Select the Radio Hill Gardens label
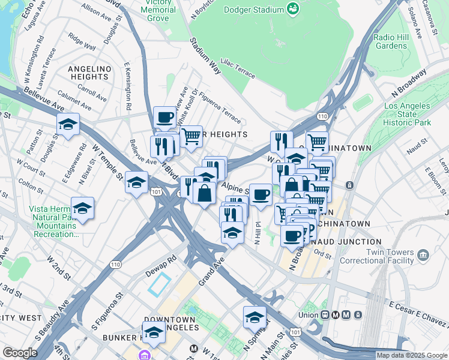coord(391,41)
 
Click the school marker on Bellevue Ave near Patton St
coord(68,124)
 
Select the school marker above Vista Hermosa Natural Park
coord(83,208)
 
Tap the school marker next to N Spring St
coord(255,317)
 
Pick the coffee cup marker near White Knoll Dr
coord(164,117)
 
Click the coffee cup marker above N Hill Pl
coord(261,194)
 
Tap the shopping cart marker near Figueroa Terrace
coord(191,136)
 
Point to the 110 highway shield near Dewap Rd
coord(116,264)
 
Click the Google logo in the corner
coord(20,353)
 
